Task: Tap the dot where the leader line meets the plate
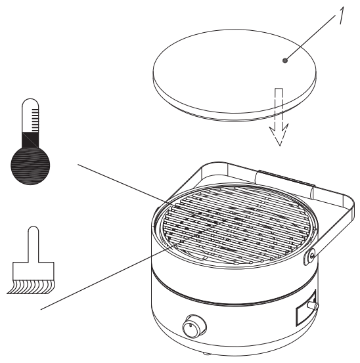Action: [285, 60]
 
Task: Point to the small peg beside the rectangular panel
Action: [316, 305]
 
